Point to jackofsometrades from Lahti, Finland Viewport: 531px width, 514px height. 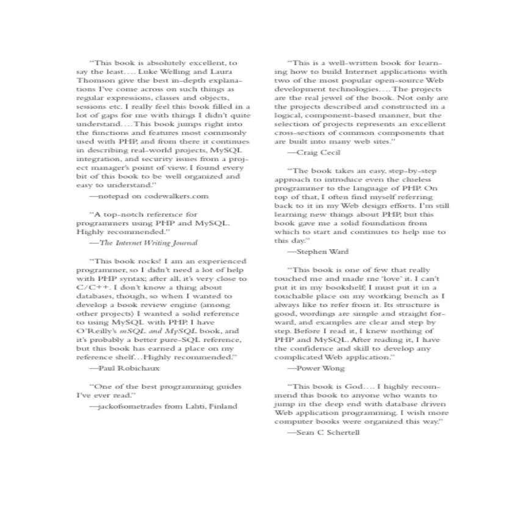point(163,405)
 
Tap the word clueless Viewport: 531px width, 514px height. point(416,179)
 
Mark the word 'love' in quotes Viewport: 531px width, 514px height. point(385,278)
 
